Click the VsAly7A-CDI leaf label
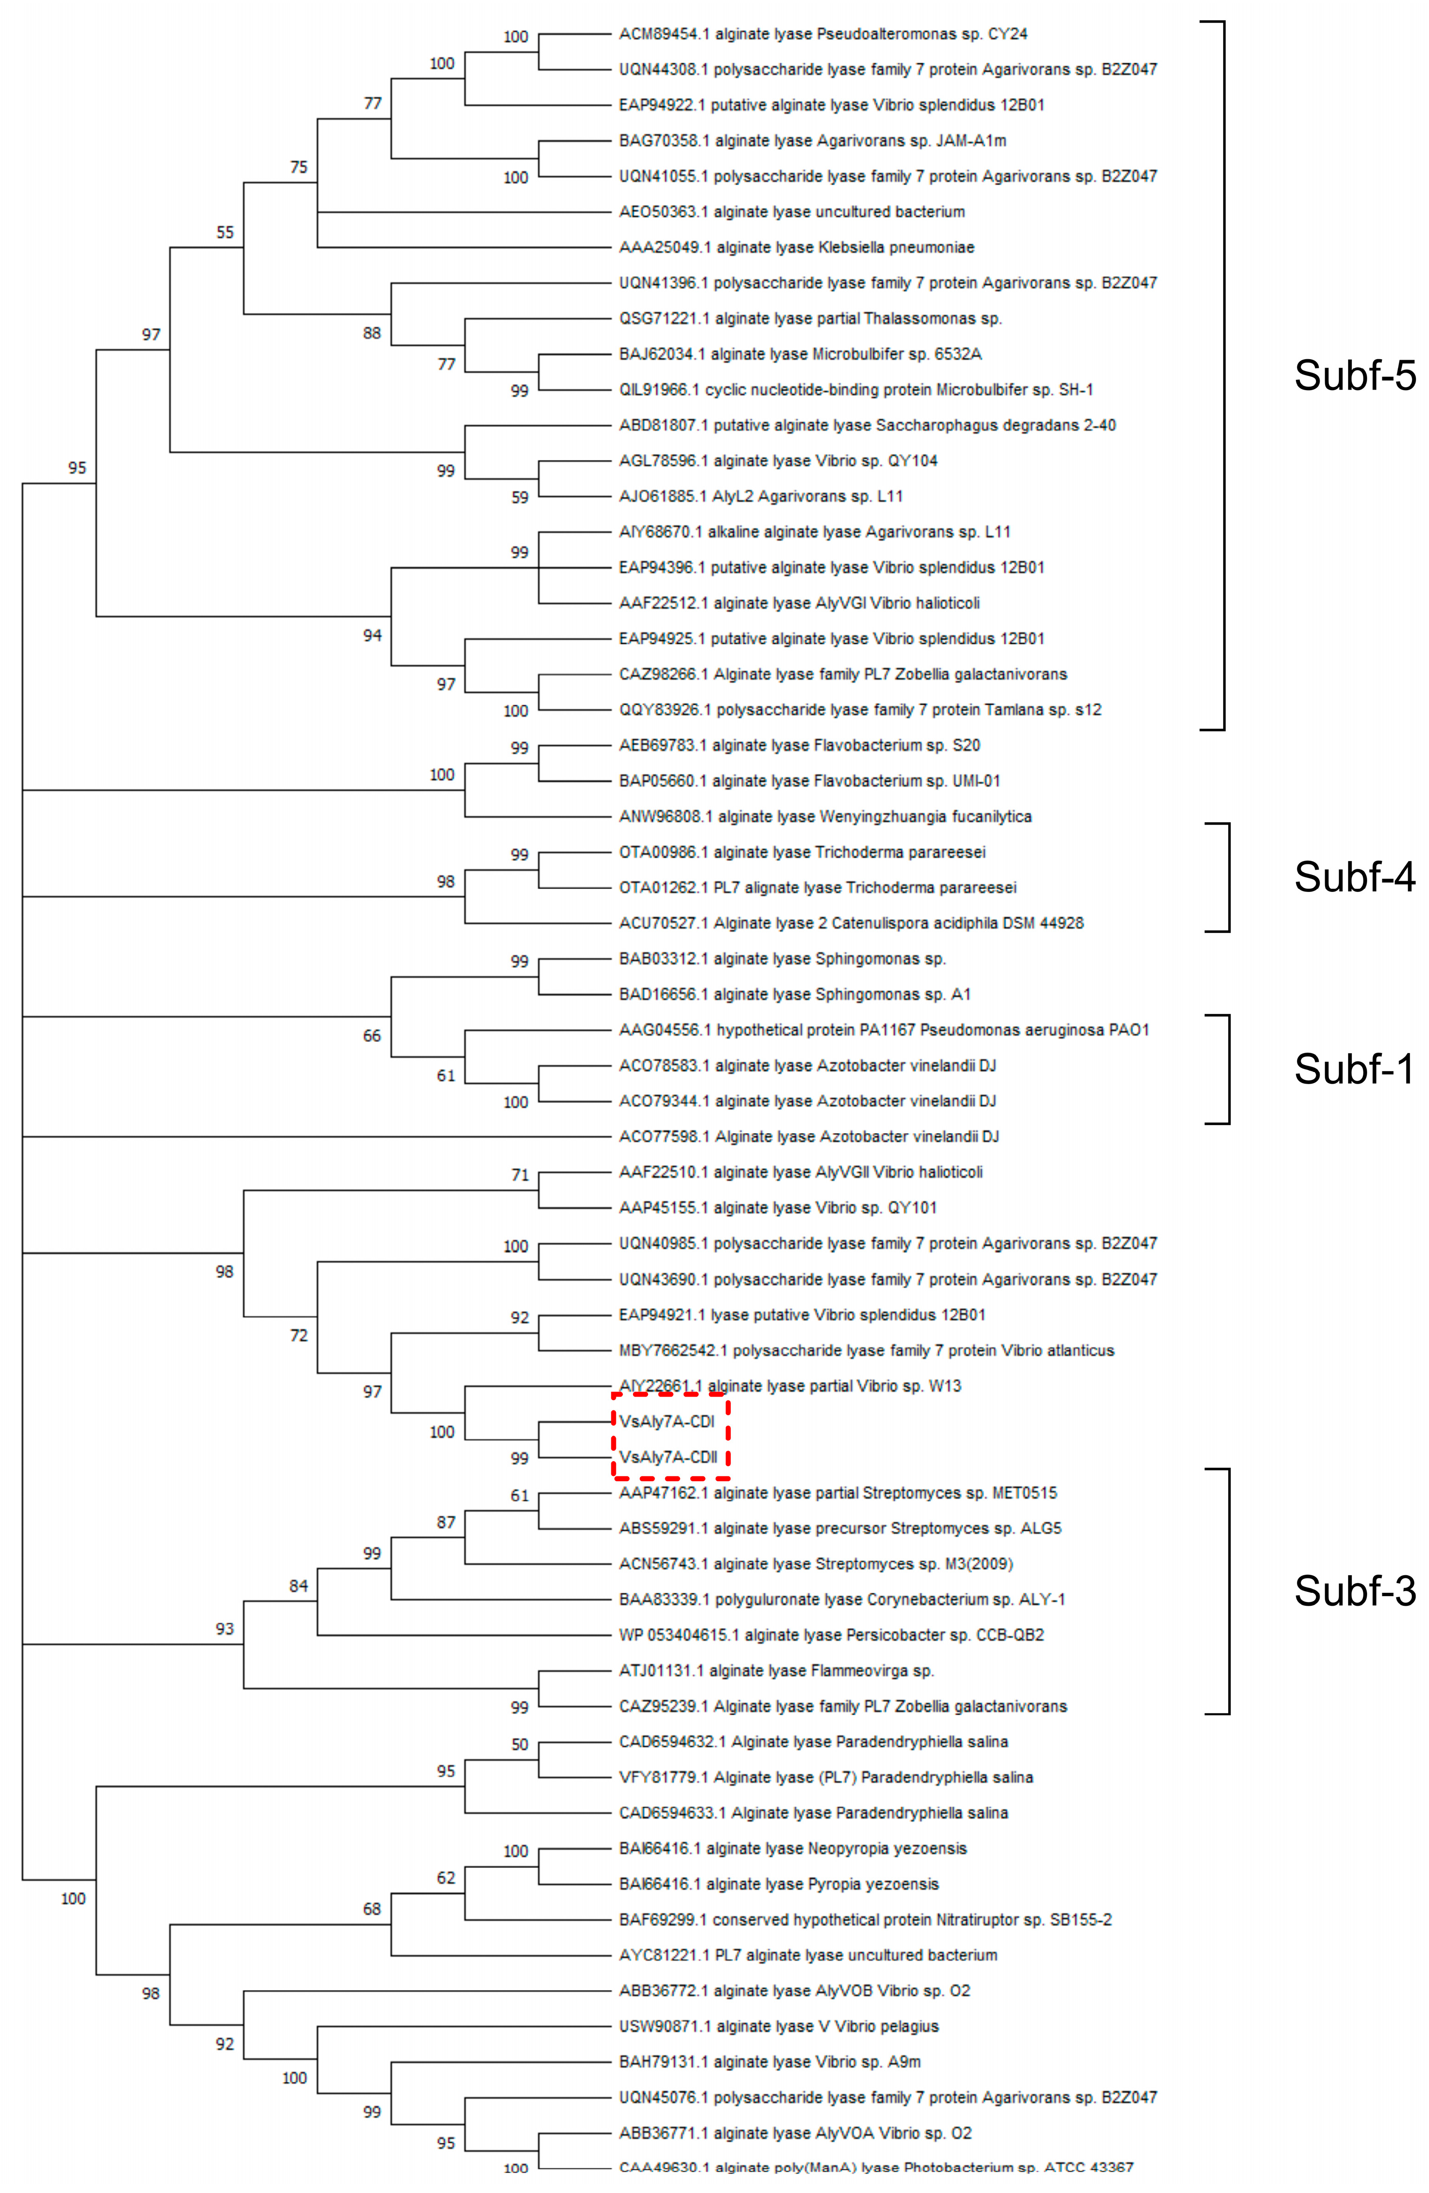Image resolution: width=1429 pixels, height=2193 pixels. click(666, 1422)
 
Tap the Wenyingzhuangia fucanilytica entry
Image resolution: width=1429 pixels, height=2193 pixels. click(825, 816)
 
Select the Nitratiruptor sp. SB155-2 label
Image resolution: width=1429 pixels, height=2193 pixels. click(864, 1919)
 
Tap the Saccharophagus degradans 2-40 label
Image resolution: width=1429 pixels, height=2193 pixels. click(866, 425)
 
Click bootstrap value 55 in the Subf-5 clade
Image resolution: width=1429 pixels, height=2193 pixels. click(225, 232)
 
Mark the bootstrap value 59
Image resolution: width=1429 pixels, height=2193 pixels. click(519, 498)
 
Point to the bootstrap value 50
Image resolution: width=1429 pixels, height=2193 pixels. click(519, 1744)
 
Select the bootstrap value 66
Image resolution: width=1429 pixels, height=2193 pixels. click(371, 1036)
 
